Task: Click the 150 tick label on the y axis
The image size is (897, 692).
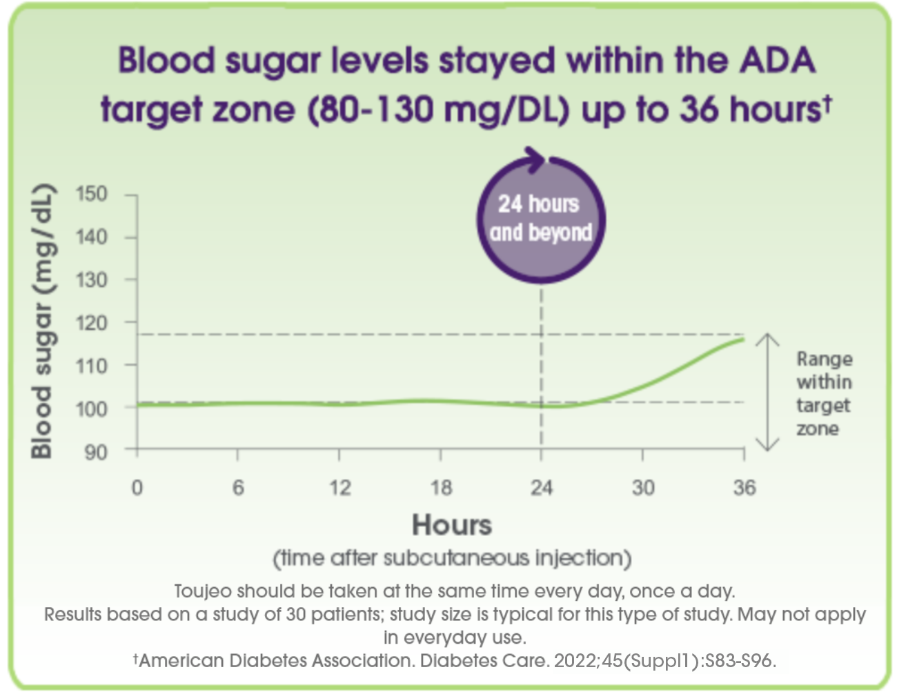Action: (x=91, y=194)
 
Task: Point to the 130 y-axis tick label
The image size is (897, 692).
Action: (x=91, y=281)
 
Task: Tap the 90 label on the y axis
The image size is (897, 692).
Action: (x=96, y=453)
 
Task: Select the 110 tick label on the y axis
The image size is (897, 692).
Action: (x=91, y=366)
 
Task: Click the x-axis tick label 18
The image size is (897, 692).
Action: (x=442, y=488)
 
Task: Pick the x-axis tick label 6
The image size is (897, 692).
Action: (x=238, y=488)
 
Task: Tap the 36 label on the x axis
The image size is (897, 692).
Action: (x=745, y=488)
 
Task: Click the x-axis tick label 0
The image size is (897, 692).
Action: (x=137, y=488)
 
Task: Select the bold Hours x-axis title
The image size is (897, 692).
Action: (x=452, y=525)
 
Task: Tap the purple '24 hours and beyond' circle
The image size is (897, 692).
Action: (x=541, y=219)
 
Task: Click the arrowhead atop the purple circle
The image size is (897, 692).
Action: (x=538, y=159)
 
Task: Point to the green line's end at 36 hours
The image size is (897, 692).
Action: (x=743, y=339)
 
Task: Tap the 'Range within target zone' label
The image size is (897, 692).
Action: (x=825, y=394)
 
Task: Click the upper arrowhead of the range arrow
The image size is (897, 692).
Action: (x=767, y=339)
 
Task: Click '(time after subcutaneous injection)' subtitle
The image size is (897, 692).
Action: (x=452, y=558)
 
